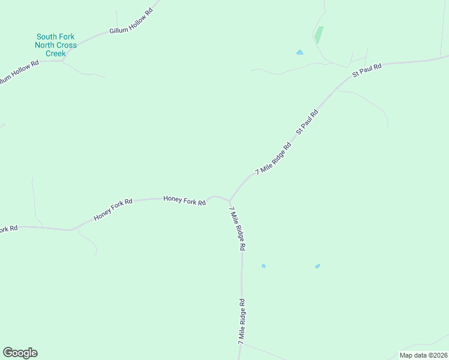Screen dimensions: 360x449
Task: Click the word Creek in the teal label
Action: coord(56,53)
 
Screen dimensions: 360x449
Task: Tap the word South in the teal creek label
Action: coord(47,37)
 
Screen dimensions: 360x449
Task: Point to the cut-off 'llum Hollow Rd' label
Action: coord(19,71)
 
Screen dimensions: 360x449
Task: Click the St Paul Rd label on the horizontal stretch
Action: coord(367,68)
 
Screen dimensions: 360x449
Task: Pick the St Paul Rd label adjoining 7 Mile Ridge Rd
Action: coord(306,122)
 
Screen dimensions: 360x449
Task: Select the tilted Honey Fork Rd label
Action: coord(113,210)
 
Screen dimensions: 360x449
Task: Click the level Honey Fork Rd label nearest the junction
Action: coord(185,200)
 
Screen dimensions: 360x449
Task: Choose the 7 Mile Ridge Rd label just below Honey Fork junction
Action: coord(238,228)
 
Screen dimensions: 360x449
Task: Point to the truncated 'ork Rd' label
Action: coord(8,229)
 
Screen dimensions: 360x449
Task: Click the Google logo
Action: coord(20,353)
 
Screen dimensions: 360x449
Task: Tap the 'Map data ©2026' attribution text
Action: coord(423,355)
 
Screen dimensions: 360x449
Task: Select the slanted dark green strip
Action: coord(319,35)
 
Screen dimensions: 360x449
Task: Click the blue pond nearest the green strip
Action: coord(300,53)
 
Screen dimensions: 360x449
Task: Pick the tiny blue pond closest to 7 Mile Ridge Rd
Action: coord(264,266)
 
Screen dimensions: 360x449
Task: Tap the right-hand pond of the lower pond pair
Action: coord(317,266)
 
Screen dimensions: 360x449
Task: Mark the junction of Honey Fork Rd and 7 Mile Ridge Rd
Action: coord(230,200)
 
